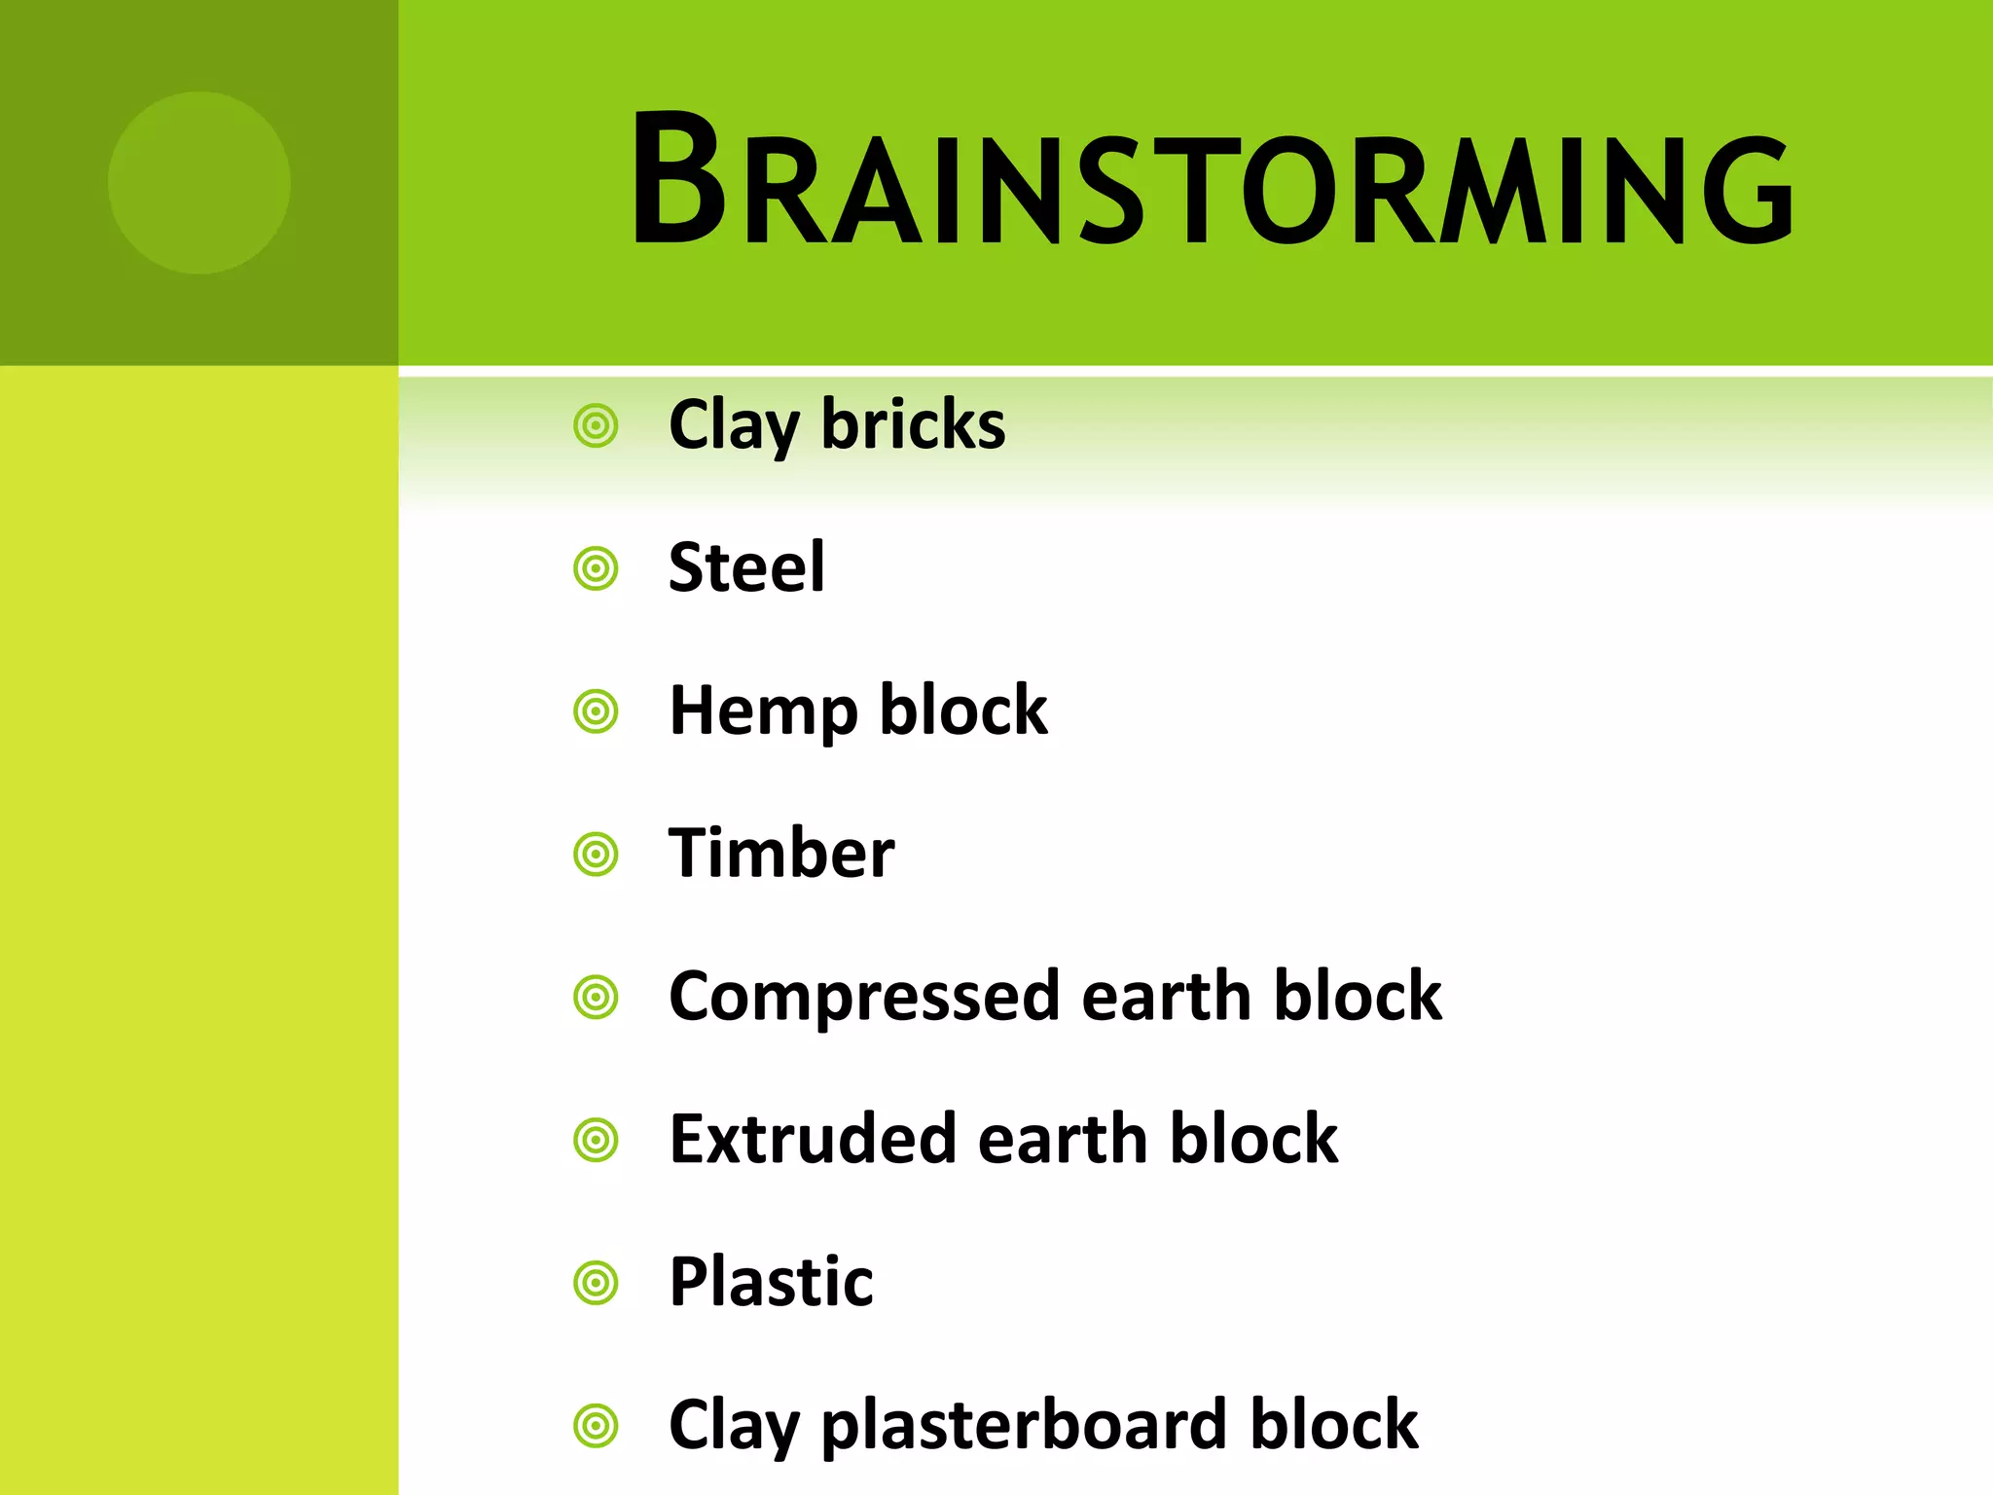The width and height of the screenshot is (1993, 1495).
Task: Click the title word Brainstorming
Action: click(x=1212, y=180)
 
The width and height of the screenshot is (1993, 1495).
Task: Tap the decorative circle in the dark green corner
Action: click(x=199, y=182)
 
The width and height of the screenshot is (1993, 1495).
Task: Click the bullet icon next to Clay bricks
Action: click(x=596, y=426)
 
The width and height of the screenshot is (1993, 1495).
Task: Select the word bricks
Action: click(x=913, y=425)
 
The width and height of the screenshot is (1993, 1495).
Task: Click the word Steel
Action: click(x=746, y=567)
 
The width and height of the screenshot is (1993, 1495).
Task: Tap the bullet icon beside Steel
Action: click(x=596, y=569)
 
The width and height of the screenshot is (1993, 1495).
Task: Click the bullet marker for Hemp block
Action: click(x=596, y=711)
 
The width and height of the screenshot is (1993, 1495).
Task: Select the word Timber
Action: click(x=781, y=854)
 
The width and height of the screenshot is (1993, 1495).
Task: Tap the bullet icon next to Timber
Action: click(x=596, y=855)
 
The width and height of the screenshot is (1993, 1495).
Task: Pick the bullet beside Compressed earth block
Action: click(x=596, y=998)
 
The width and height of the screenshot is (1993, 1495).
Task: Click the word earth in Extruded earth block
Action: click(x=1063, y=1139)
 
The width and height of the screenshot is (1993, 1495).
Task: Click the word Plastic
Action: click(x=771, y=1282)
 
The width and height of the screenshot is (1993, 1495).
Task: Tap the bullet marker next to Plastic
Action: click(x=596, y=1283)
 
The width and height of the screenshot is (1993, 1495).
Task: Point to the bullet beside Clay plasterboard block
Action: click(x=596, y=1427)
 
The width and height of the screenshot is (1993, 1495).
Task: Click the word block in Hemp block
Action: click(x=963, y=711)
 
